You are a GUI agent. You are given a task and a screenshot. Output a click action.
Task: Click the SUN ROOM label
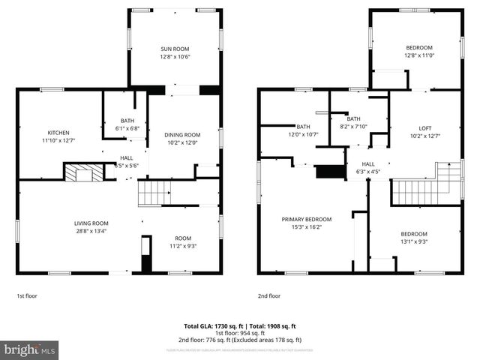point(175,49)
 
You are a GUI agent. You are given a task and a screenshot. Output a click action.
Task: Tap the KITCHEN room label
point(58,132)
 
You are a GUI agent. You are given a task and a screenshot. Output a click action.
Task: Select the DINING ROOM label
point(183,134)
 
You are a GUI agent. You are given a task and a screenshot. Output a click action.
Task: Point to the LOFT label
point(424,127)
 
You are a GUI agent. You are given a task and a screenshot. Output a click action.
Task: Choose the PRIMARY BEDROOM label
point(306,219)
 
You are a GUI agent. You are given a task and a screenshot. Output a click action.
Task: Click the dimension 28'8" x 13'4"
point(91,231)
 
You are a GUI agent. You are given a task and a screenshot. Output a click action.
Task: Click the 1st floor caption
point(26,296)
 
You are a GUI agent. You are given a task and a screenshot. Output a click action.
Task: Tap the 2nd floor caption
point(268,296)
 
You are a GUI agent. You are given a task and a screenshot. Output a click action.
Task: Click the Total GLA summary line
point(240,326)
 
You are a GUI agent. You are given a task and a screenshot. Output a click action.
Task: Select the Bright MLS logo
point(30,349)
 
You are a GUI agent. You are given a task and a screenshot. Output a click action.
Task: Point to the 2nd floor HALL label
point(368,164)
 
